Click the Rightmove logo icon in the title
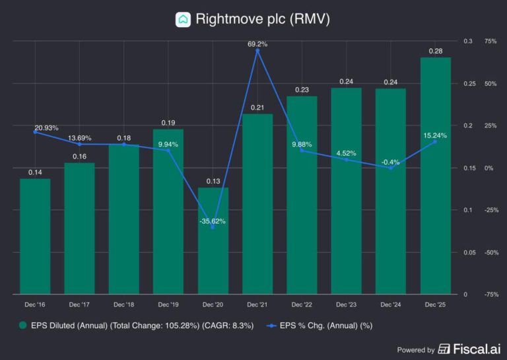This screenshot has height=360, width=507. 183,19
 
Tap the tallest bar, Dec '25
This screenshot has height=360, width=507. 435,175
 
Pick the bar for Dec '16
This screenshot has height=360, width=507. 35,236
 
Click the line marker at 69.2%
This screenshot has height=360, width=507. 257,51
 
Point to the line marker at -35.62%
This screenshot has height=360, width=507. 213,227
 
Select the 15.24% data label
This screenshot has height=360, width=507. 435,135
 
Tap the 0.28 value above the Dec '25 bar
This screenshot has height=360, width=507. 435,51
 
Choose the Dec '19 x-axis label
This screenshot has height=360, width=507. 168,305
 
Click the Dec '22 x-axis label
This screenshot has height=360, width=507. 302,305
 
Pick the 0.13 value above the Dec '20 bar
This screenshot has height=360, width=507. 213,181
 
